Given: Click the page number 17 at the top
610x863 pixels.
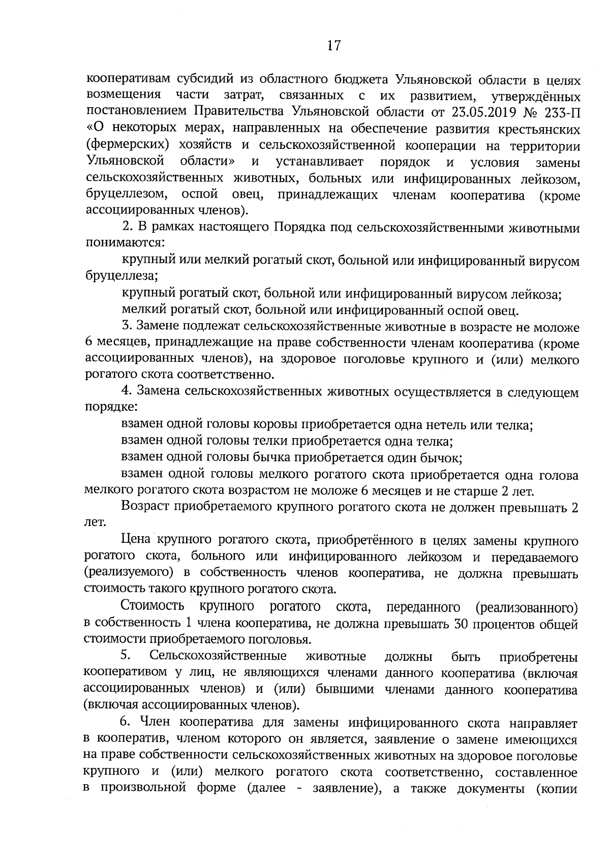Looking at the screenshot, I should click(333, 46).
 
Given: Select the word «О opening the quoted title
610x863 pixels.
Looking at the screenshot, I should click(93, 129).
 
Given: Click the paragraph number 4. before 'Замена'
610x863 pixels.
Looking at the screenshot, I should click(127, 392).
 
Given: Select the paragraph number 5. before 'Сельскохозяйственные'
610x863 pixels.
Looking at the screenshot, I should click(127, 656).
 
